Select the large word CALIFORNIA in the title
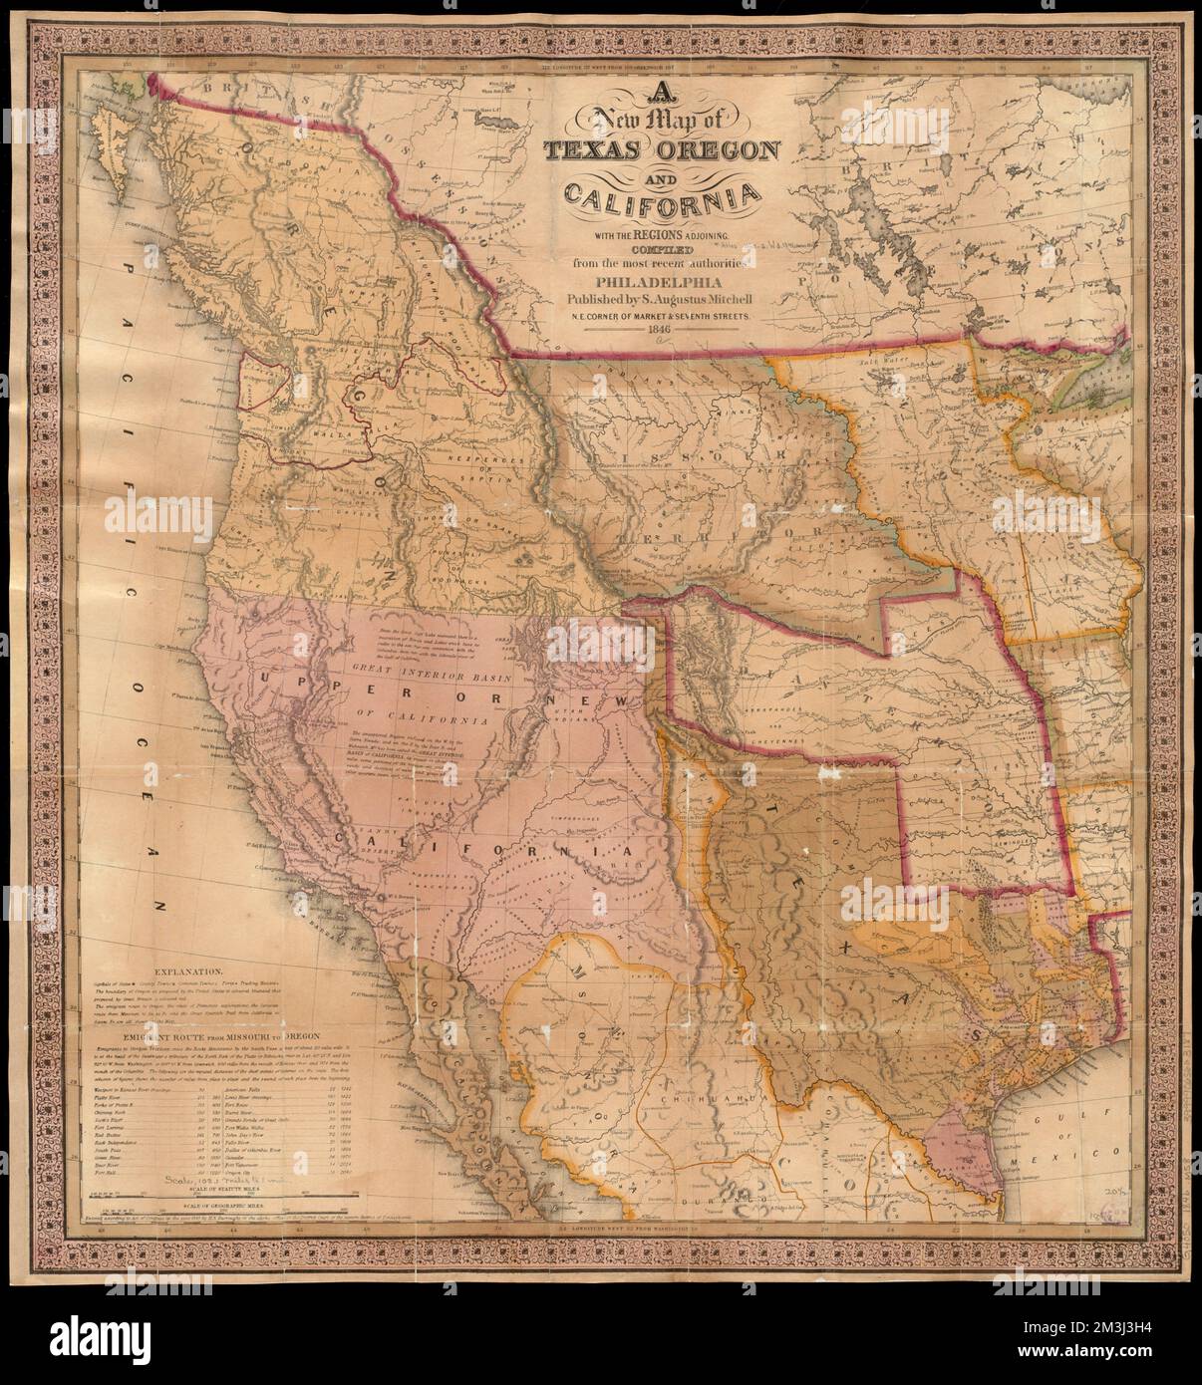click(659, 203)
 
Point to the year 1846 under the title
click(658, 331)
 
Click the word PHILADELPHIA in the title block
click(659, 280)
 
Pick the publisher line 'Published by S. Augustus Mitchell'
click(659, 298)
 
